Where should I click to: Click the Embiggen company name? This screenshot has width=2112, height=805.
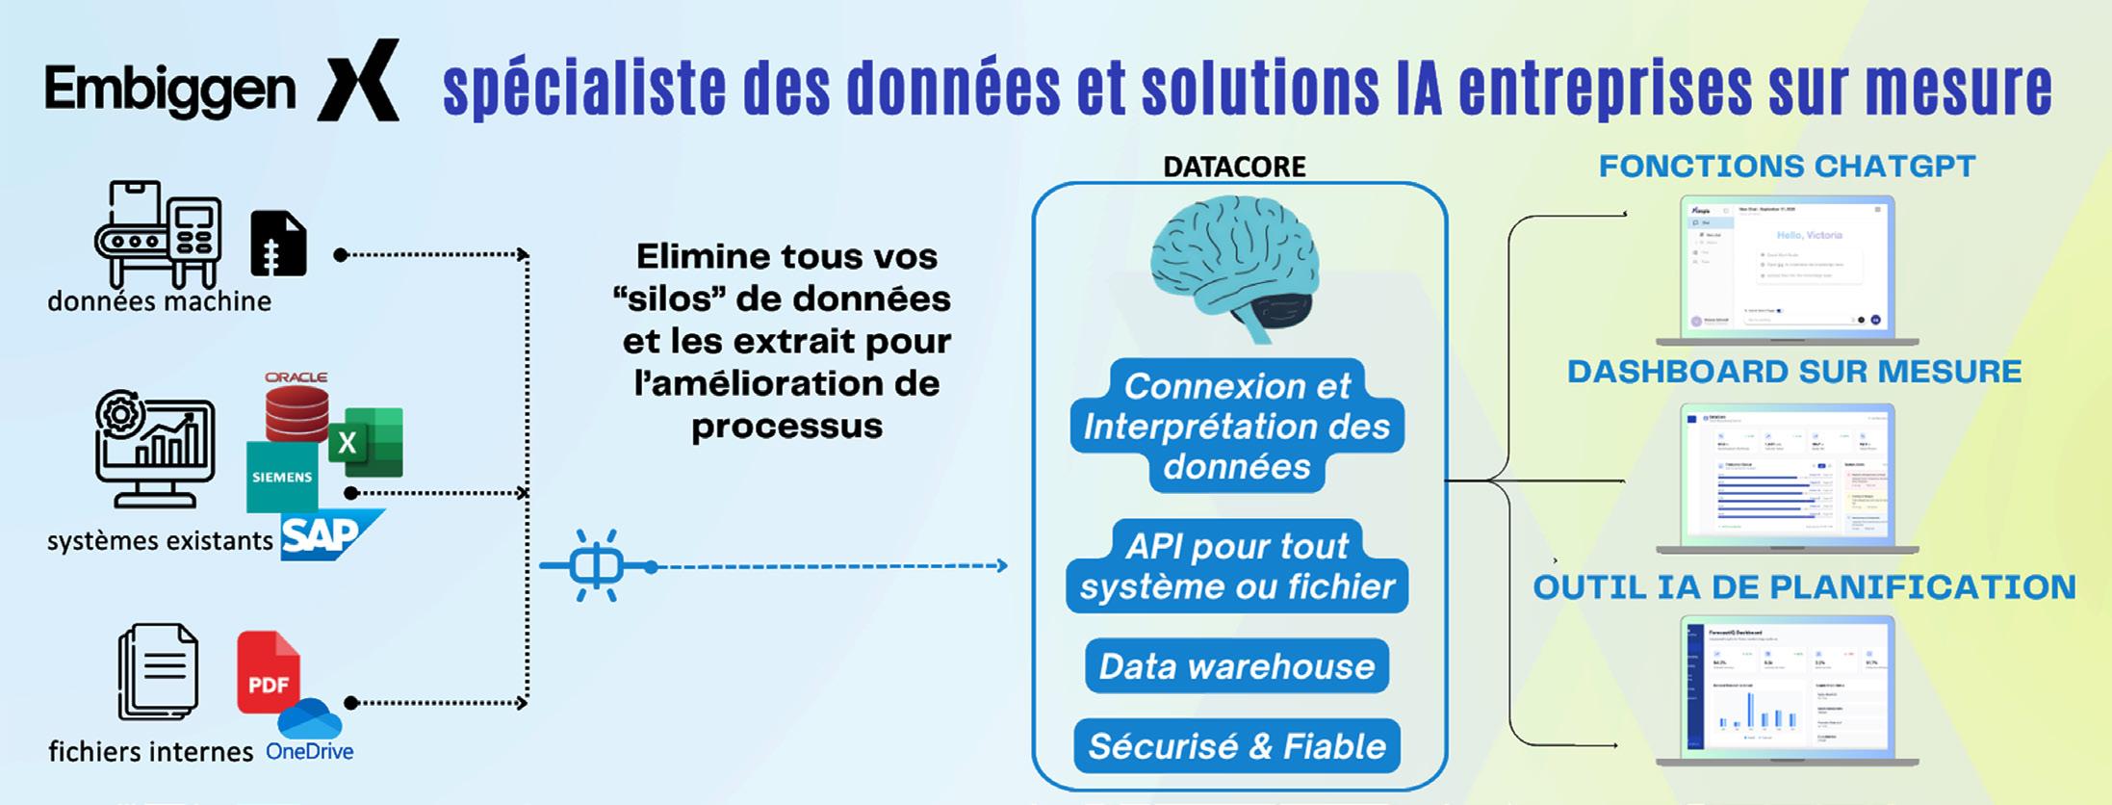coord(170,91)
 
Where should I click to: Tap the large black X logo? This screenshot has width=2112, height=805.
coord(359,81)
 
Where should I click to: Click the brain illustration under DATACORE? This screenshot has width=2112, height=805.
coord(1234,265)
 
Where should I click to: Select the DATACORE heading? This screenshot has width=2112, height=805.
coord(1234,167)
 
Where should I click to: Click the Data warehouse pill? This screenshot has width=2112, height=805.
coord(1237,666)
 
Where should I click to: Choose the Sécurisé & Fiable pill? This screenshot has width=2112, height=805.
coord(1237,746)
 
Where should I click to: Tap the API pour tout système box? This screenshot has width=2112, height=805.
coord(1237,566)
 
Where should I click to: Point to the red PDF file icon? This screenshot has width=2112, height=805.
coord(268,672)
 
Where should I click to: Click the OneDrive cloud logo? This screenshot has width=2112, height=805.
coord(310,720)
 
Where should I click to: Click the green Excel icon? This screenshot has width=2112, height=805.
coord(366,443)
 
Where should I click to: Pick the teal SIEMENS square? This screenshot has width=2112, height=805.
coord(281,477)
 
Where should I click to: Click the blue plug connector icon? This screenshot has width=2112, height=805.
coord(597,566)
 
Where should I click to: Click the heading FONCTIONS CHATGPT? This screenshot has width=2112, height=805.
coord(1787,167)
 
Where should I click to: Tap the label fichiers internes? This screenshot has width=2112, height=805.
coord(151,751)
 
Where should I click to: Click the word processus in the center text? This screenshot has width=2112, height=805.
coord(786,427)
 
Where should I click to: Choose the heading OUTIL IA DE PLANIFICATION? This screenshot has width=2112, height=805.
coord(1804,587)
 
